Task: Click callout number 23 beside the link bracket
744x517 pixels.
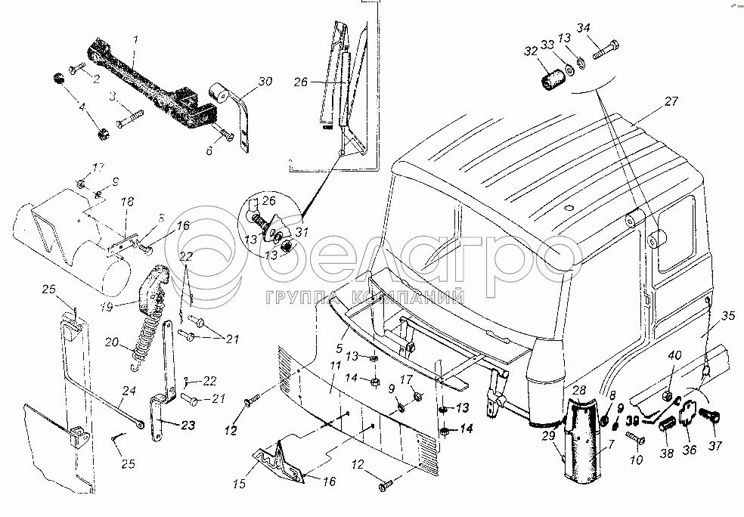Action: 190,425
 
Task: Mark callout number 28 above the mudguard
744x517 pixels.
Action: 578,390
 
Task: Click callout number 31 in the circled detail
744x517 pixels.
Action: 301,233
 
